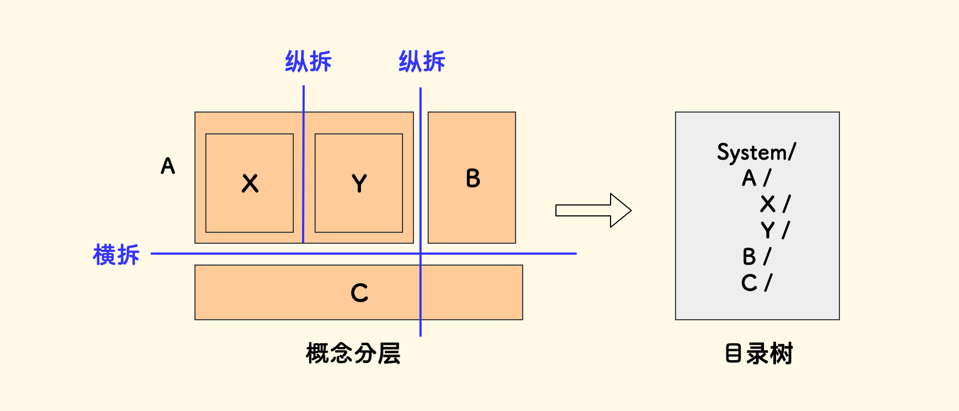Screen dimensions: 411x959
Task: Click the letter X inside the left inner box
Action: tap(250, 183)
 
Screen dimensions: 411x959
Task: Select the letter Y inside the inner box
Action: tap(359, 183)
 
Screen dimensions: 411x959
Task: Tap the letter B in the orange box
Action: tap(473, 178)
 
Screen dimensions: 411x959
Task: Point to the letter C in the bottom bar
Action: tap(359, 293)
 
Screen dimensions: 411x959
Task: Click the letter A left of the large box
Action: tap(168, 166)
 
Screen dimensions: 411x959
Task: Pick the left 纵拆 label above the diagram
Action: tap(309, 61)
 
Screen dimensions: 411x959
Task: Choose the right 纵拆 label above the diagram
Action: tap(422, 61)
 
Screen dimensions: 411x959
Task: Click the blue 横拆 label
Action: tap(116, 255)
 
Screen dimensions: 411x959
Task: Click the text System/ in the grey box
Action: tap(757, 152)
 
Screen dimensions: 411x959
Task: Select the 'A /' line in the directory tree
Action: tap(756, 178)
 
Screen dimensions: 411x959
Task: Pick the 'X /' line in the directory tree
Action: tap(775, 204)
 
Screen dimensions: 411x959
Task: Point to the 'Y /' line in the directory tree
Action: tap(775, 230)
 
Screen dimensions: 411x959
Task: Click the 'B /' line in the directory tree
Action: tap(756, 256)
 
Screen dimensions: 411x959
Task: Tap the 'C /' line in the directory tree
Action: tap(756, 283)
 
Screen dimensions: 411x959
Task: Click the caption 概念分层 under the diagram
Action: tap(353, 354)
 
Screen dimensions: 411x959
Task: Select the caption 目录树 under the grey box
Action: tap(759, 354)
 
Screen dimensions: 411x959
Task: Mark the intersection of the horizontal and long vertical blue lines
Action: tap(421, 254)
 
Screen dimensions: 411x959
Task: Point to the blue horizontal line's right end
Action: tap(575, 254)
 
